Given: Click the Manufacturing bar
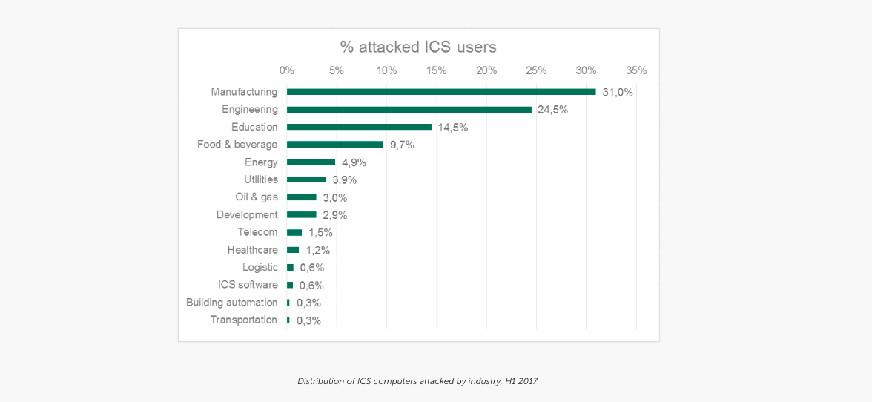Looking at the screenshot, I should click(441, 92).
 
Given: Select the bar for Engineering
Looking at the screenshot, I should click(409, 110).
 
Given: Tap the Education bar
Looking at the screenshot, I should click(359, 127).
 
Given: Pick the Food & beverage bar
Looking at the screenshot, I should click(335, 145).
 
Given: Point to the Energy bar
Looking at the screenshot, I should click(311, 162).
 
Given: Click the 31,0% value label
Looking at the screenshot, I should click(618, 93).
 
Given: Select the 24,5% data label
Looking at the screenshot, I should click(552, 110).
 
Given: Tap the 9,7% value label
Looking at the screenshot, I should click(402, 145).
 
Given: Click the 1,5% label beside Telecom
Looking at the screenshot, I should click(320, 233).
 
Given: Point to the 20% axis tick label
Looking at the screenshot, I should click(486, 70).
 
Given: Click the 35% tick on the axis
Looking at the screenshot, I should click(636, 70).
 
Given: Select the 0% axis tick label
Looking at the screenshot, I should click(287, 70).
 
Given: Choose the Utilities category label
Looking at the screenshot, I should click(261, 179).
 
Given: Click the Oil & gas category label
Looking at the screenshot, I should click(257, 197).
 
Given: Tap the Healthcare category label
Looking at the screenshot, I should click(252, 250).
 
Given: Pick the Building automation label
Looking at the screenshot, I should click(231, 303).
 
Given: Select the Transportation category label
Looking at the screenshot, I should click(243, 320).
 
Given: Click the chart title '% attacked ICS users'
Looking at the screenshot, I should click(418, 47).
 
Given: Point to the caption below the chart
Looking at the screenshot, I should click(417, 381).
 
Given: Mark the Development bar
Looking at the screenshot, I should click(302, 215).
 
